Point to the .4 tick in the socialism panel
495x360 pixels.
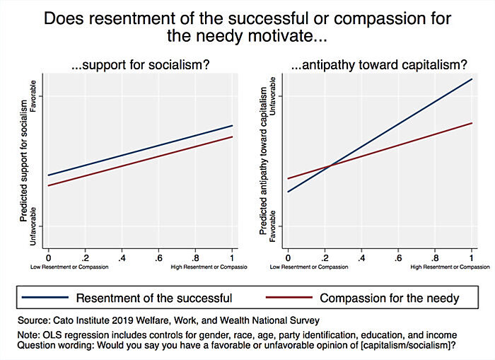122,252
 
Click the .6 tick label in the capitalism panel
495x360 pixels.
398,252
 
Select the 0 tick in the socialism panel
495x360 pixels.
48,252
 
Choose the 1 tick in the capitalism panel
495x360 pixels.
472,252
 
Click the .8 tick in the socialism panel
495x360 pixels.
195,252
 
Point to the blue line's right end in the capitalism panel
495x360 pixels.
472,79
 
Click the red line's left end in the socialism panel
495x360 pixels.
48,186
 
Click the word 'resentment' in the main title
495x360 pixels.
143,19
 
